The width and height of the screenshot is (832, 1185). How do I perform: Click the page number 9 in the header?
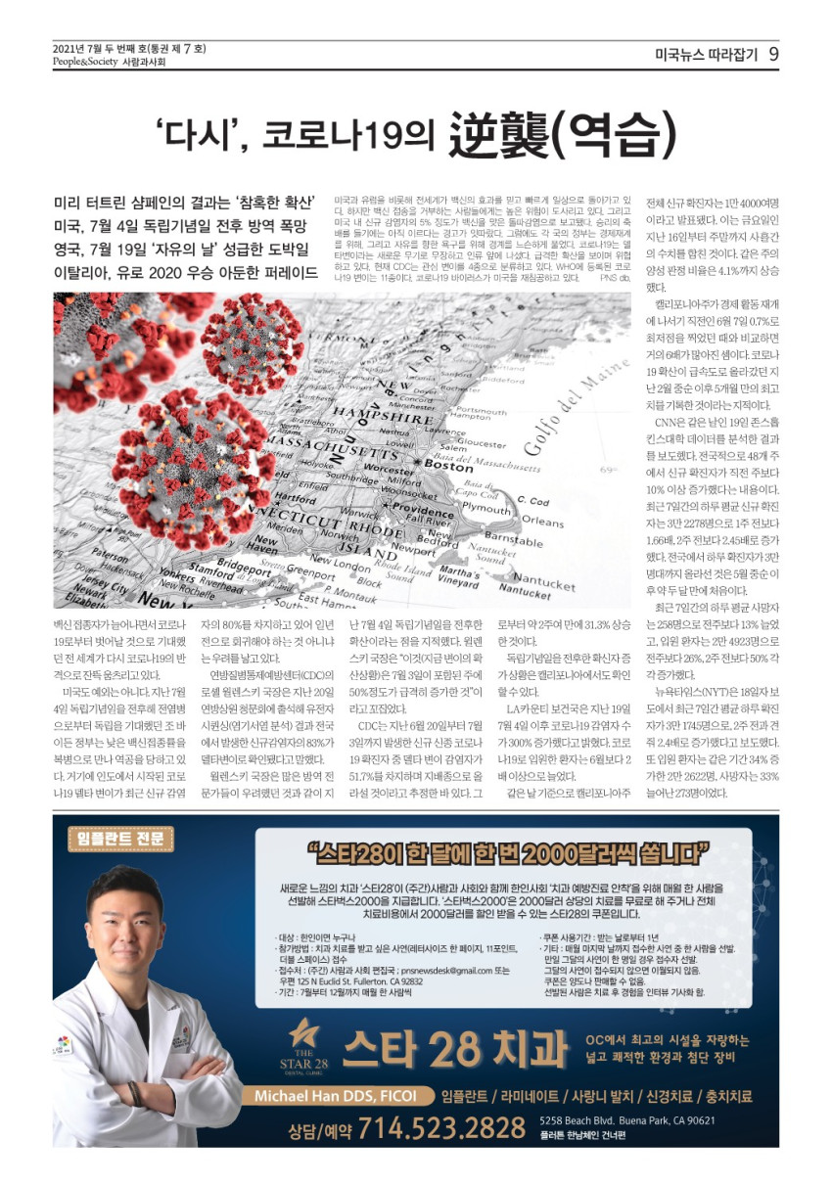tap(772, 54)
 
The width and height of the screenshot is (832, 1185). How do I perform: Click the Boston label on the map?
tap(448, 467)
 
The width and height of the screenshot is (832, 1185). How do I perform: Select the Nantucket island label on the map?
tap(544, 585)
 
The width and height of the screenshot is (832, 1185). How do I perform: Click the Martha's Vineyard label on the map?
tap(459, 576)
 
